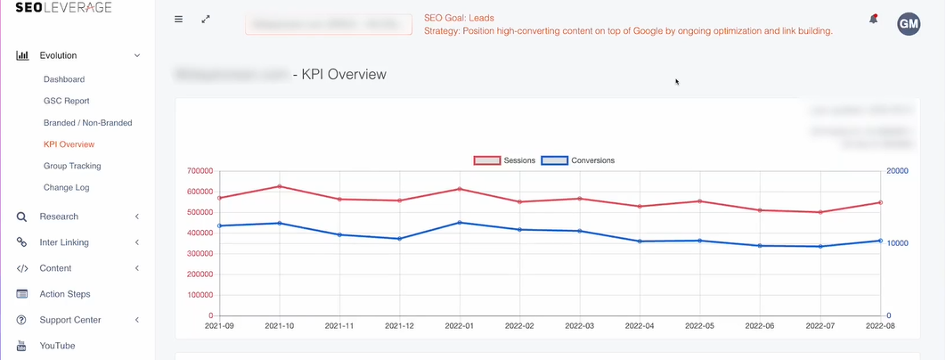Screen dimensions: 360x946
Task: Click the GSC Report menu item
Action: (66, 101)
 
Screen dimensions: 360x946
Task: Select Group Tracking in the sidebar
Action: (72, 166)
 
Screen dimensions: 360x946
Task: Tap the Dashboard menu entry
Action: (64, 79)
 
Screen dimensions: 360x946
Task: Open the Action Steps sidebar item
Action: (65, 294)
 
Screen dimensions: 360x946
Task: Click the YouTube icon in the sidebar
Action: (22, 346)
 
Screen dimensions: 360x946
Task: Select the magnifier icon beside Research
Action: (22, 217)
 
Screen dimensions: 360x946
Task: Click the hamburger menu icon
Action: (178, 19)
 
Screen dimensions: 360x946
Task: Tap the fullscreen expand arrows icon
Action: (206, 19)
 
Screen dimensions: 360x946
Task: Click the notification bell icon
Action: (874, 20)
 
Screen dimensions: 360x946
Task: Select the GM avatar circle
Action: (909, 24)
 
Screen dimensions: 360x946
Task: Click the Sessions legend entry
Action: (504, 160)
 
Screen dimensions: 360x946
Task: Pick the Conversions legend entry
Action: (579, 160)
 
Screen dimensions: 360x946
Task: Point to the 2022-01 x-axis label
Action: (459, 326)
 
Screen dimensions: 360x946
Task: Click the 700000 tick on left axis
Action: (200, 170)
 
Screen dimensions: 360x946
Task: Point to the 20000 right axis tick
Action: (897, 170)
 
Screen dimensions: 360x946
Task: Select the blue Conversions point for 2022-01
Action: (459, 223)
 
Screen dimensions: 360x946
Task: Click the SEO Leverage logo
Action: (63, 8)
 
